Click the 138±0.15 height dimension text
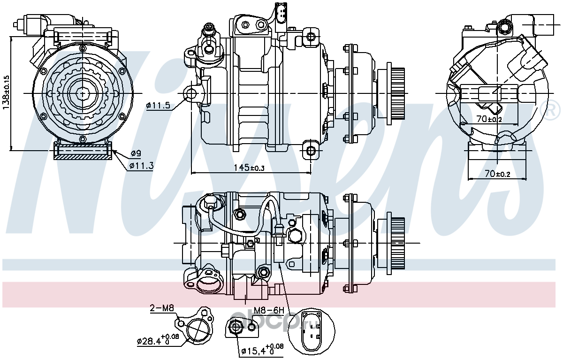coord(6,92)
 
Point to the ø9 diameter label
coord(136,153)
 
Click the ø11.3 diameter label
coord(141,166)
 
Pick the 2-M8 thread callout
coord(162,308)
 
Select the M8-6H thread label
coord(269,310)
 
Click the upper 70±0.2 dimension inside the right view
coord(489,119)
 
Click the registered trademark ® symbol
coord(552,110)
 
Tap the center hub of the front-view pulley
coord(83,92)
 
